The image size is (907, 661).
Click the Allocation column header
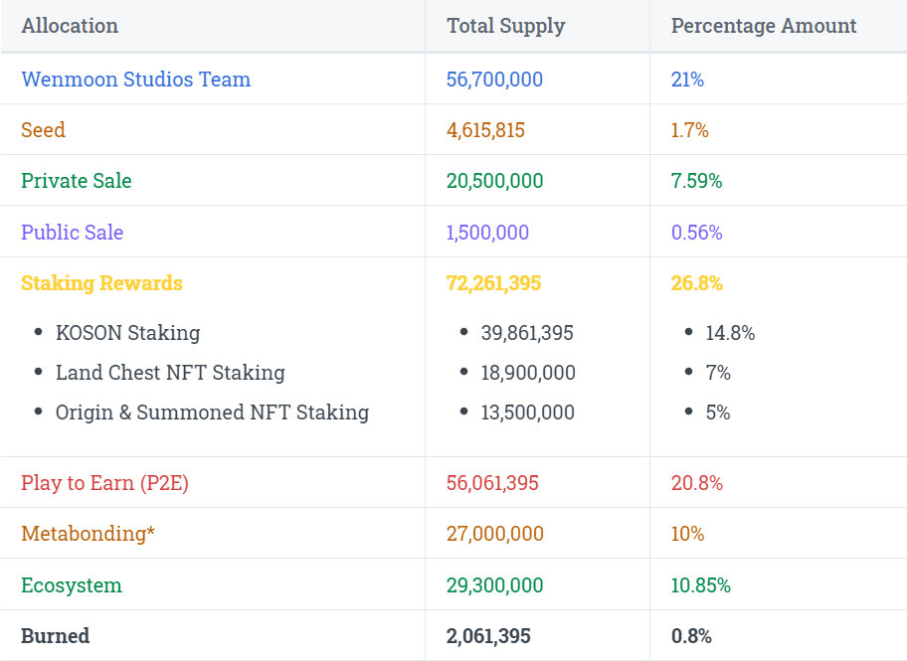[70, 26]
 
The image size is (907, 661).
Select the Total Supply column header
[505, 26]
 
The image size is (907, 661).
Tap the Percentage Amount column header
[763, 26]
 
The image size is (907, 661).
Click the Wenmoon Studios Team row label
[135, 80]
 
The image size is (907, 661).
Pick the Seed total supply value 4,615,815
[485, 130]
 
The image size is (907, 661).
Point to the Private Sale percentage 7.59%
[696, 181]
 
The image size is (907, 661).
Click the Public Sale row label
[72, 233]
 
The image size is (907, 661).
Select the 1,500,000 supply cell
[487, 233]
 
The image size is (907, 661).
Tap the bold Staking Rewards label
[101, 283]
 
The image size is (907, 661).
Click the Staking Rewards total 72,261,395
[493, 283]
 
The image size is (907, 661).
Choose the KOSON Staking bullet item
[127, 333]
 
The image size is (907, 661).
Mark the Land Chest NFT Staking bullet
[170, 373]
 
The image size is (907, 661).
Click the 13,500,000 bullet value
[527, 413]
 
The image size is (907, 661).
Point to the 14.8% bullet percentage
[730, 333]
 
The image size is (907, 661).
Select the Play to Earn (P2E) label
[104, 483]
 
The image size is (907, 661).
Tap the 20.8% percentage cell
[696, 483]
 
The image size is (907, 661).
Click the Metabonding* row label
[88, 534]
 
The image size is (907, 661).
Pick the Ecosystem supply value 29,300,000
[494, 585]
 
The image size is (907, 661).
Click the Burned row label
[55, 636]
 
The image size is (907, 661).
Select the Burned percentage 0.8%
[691, 636]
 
